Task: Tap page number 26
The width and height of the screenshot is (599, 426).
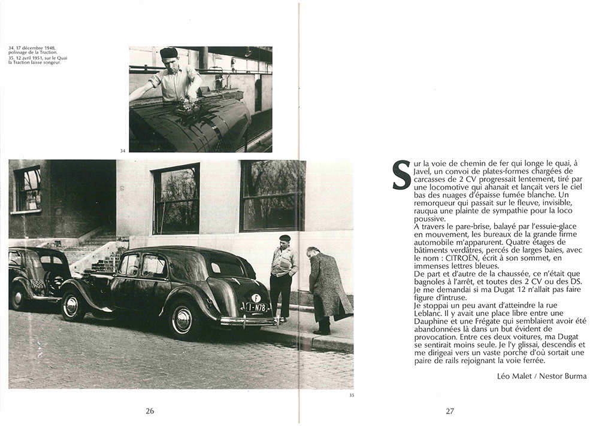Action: [150, 410]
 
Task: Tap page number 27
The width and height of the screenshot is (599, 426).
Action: [450, 410]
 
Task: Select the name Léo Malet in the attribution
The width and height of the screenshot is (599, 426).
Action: [518, 376]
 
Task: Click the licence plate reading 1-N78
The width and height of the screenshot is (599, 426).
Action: [256, 307]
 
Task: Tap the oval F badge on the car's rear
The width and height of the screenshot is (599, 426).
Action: [256, 297]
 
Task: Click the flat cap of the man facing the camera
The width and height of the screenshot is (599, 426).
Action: [285, 238]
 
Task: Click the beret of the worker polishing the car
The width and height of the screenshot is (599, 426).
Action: [169, 53]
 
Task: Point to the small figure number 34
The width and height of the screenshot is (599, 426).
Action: [123, 150]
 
